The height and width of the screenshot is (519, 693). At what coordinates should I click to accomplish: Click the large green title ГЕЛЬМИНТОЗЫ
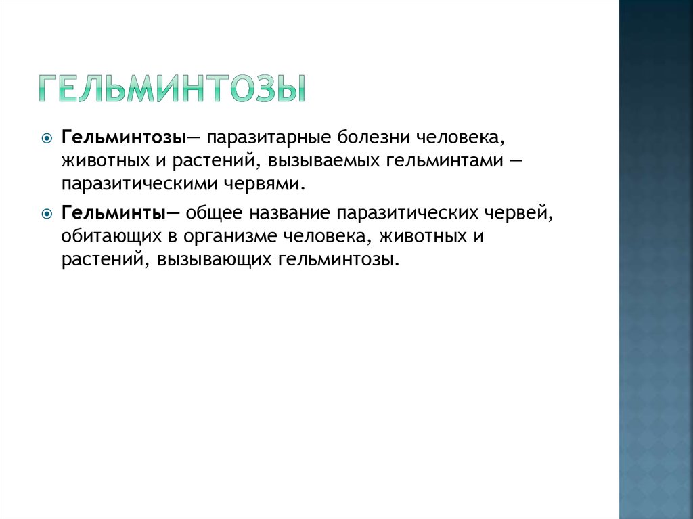pos(173,89)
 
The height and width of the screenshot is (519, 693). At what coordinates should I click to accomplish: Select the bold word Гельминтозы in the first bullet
pos(124,137)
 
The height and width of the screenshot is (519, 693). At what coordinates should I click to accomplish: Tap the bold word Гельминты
pos(114,212)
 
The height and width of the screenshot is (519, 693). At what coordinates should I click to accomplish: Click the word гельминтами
pos(445,160)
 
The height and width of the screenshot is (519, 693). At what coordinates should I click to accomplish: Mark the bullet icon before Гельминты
pos(47,215)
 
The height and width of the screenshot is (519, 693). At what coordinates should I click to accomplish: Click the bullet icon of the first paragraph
pos(47,139)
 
